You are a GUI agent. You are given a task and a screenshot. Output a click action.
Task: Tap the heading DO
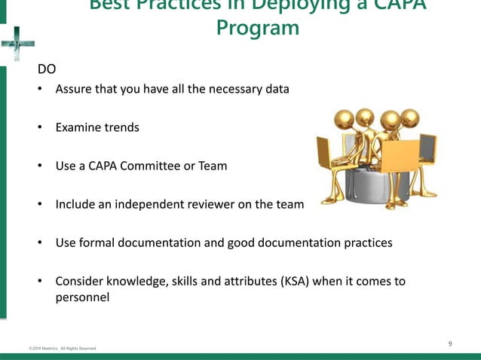[x=47, y=70]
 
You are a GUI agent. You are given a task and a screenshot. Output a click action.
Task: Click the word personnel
[x=82, y=297]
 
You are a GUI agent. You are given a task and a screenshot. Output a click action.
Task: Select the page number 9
[x=450, y=344]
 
